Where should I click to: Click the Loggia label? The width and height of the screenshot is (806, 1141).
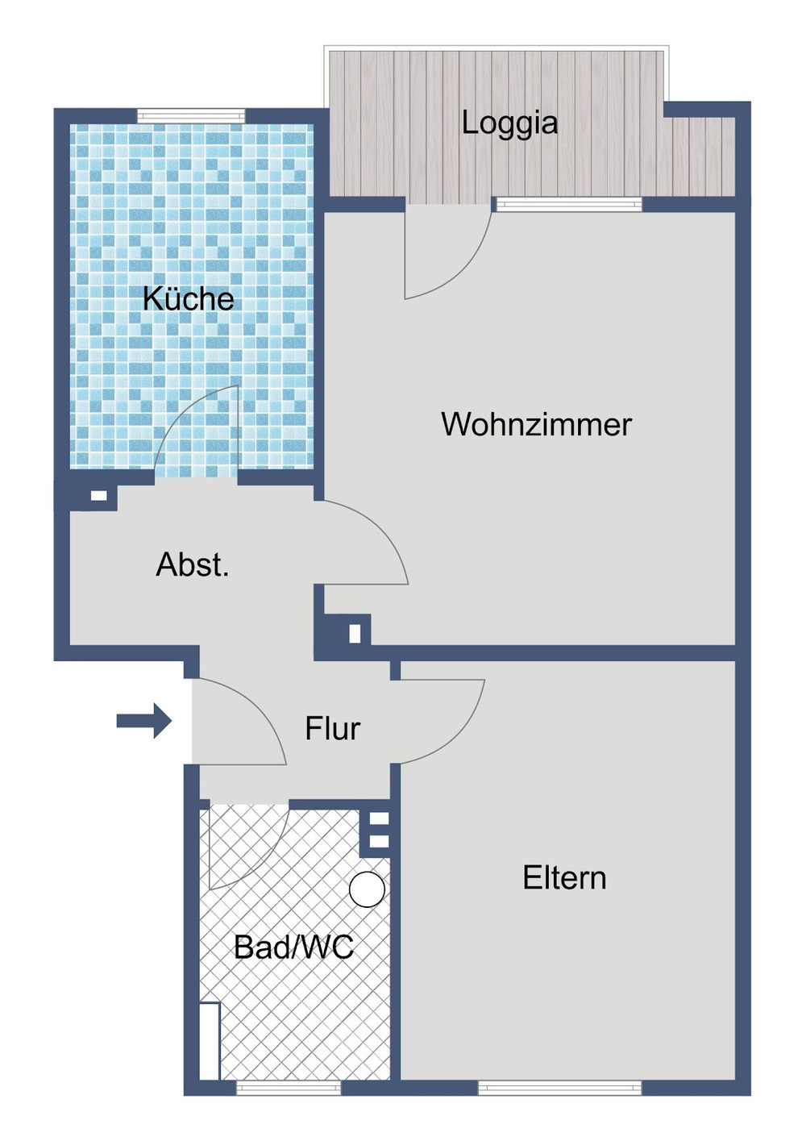[509, 123]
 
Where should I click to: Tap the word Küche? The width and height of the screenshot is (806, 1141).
[189, 299]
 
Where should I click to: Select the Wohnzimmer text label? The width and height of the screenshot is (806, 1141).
[536, 425]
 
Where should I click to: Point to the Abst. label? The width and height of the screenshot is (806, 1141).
[193, 565]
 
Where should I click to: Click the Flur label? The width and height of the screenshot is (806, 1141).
[332, 729]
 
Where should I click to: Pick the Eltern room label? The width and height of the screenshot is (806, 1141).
[564, 878]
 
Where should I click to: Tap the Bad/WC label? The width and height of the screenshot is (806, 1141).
[293, 947]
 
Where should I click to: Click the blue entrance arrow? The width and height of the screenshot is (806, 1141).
[144, 720]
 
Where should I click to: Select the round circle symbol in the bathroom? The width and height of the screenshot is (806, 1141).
[367, 889]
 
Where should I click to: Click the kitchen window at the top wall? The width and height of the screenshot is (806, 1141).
[191, 116]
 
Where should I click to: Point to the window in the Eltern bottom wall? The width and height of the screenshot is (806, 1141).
[560, 1088]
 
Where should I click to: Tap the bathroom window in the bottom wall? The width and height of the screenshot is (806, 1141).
[289, 1088]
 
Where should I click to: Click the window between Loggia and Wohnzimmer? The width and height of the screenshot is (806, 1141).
[568, 204]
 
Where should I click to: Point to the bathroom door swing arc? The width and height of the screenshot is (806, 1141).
[246, 847]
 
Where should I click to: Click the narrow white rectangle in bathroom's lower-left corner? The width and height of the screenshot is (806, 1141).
[210, 1040]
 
